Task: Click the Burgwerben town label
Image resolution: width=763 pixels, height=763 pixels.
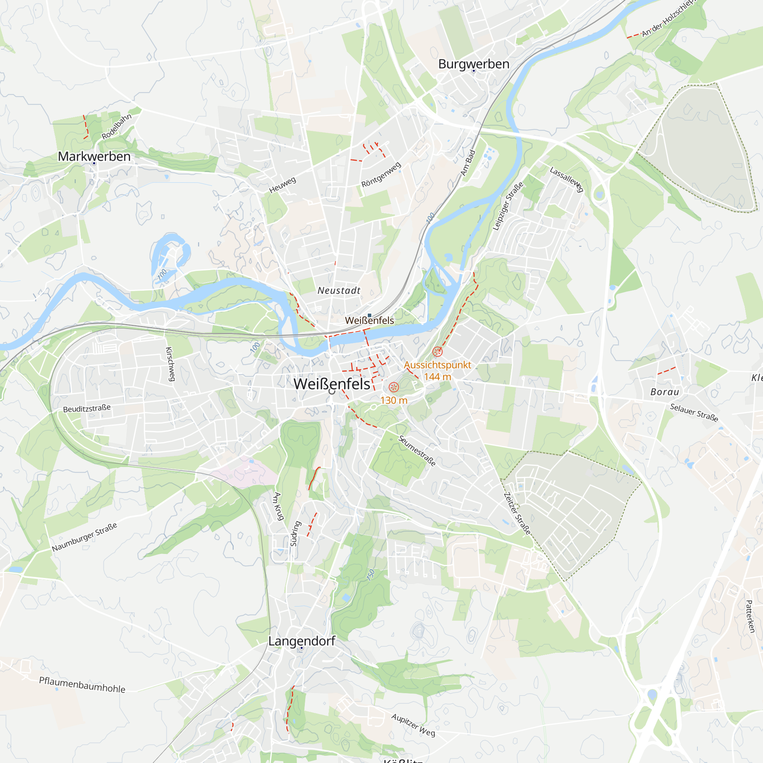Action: pos(473,64)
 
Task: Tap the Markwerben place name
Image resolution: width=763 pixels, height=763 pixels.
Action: pos(94,156)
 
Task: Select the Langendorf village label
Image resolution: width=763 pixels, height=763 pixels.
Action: pos(301,641)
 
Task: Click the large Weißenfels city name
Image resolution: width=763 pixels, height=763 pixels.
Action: pos(332,384)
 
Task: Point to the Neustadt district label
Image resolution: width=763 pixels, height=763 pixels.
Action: pos(339,291)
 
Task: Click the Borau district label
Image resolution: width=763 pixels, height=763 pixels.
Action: pos(665,392)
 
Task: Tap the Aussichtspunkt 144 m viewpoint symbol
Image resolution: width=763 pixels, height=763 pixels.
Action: pos(437,351)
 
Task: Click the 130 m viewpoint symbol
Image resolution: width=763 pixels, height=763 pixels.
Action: pos(394,387)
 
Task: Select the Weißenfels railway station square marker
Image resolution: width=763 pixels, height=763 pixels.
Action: pos(369,315)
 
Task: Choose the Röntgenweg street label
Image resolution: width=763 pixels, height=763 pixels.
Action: pos(381,175)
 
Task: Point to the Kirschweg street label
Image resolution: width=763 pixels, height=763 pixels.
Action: pos(169,364)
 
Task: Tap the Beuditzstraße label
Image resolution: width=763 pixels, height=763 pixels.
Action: pos(87,408)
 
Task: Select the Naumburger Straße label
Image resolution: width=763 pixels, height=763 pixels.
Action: pos(85,537)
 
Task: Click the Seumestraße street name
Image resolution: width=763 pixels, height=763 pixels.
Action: pos(417,451)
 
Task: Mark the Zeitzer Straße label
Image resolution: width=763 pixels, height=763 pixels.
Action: pos(517,513)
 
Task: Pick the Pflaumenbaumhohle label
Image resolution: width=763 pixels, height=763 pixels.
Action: pos(82,685)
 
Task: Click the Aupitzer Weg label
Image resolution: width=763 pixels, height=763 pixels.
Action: pos(413,725)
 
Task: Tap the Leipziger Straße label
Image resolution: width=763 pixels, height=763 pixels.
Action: pos(508,206)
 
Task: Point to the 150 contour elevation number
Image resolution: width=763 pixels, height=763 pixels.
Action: pos(370,575)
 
